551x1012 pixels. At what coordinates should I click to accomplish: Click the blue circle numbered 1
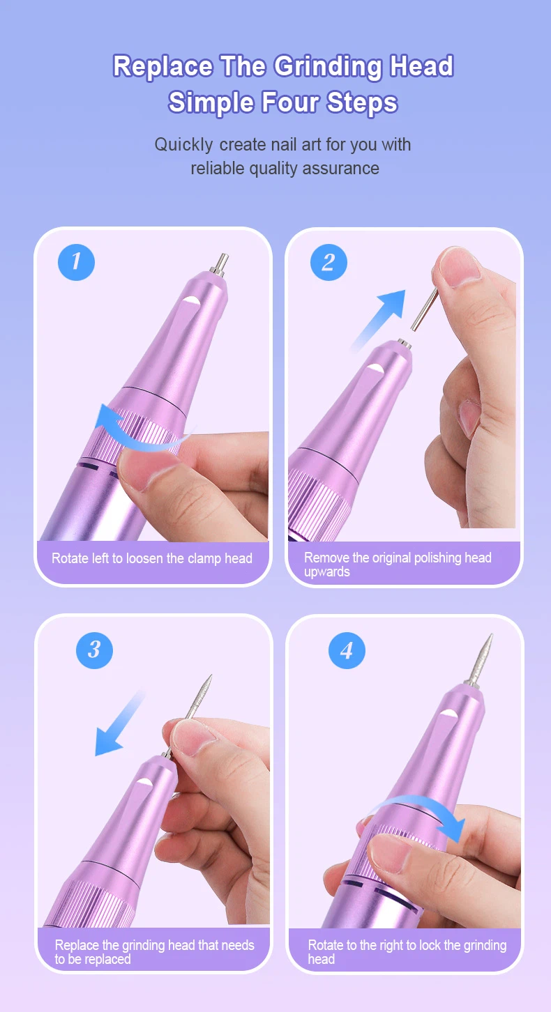(77, 262)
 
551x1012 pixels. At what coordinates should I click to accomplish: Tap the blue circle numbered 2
(329, 263)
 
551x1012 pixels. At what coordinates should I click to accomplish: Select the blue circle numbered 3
(94, 650)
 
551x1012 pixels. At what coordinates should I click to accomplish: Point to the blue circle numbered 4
(347, 650)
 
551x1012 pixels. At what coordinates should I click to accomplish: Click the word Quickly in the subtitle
(183, 145)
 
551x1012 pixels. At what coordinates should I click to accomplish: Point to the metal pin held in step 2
(425, 309)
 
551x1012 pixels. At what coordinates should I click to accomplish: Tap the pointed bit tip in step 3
(210, 676)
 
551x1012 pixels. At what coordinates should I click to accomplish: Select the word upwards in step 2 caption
(327, 572)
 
